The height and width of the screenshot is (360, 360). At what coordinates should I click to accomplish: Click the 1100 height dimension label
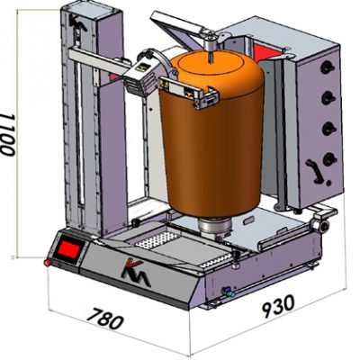[8, 134]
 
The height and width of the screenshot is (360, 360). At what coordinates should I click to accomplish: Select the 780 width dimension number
[106, 318]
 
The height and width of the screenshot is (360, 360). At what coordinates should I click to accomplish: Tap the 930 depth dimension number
[278, 305]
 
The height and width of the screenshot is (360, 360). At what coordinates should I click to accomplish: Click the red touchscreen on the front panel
[68, 249]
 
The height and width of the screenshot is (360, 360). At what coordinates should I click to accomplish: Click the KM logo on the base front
[135, 273]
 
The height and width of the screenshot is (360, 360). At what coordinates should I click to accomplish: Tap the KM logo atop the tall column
[76, 22]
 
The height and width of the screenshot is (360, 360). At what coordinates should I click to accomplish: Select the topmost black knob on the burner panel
[327, 68]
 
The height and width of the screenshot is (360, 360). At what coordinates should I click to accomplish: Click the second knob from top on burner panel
[328, 98]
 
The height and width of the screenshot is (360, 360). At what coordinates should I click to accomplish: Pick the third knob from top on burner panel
[328, 129]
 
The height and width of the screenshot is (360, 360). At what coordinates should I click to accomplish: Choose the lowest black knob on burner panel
[329, 159]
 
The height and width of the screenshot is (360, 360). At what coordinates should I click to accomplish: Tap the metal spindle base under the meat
[215, 229]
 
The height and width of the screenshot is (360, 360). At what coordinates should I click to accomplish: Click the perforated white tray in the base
[157, 240]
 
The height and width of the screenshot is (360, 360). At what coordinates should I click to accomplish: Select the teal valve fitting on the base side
[227, 292]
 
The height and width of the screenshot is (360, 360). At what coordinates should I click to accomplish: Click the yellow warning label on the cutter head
[143, 67]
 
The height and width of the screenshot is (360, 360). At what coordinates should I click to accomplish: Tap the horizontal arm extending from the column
[99, 60]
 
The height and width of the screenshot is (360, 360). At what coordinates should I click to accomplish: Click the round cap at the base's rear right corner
[322, 226]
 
